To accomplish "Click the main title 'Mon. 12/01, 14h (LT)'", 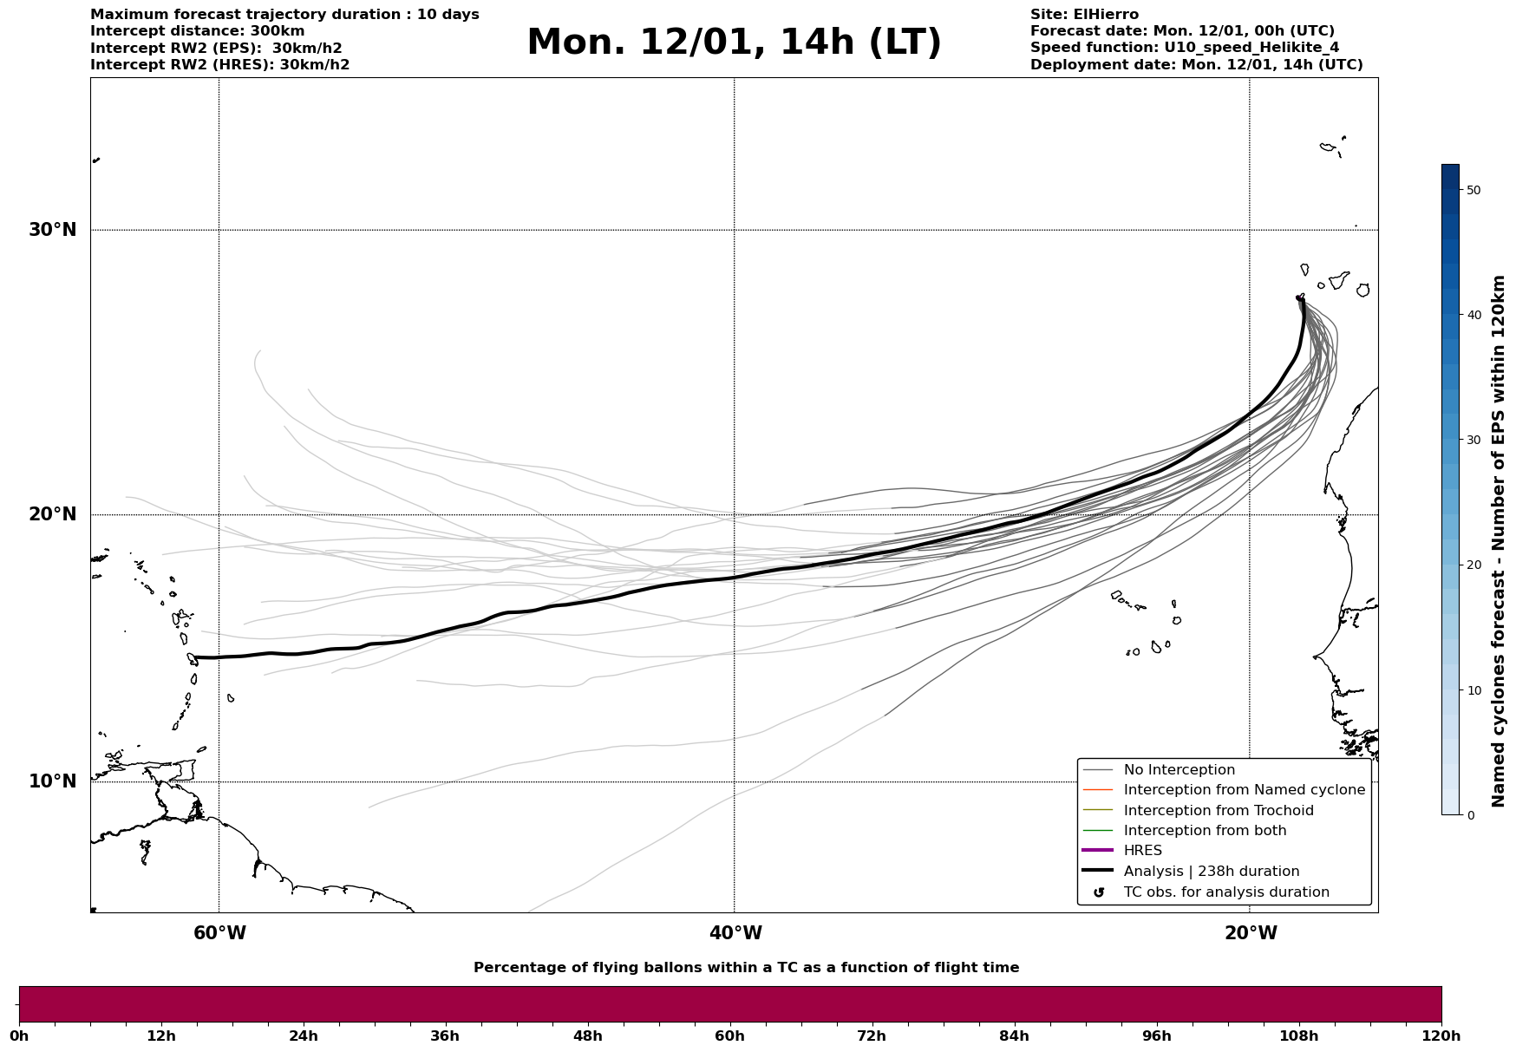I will (x=734, y=42).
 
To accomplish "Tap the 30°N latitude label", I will (x=53, y=230).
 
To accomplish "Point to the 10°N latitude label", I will (x=53, y=781).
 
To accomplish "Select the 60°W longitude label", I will (x=219, y=933).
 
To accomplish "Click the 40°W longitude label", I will (x=735, y=933).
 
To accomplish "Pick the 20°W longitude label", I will (x=1251, y=933).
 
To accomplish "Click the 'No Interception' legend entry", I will (x=1179, y=770).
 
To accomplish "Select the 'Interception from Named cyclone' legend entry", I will (x=1244, y=790).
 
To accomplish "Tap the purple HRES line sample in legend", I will (x=1098, y=851).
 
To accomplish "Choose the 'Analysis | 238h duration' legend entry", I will (x=1211, y=872).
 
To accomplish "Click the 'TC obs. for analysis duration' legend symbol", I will (x=1099, y=892).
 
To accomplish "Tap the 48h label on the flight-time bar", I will (x=587, y=1036).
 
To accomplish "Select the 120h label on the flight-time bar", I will (x=1441, y=1036).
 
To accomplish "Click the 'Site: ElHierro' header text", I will (x=1084, y=15).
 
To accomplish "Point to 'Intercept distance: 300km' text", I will (x=197, y=31).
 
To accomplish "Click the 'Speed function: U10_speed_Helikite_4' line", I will (x=1185, y=48).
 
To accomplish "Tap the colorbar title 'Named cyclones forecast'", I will (x=1498, y=541).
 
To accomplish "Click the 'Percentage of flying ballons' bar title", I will (x=746, y=968).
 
